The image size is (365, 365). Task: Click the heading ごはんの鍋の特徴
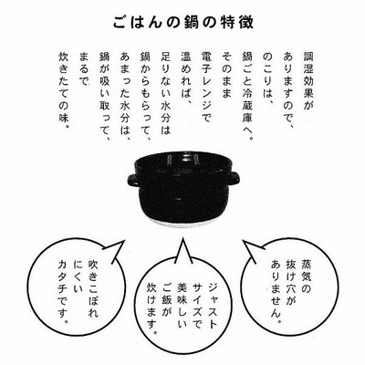182,23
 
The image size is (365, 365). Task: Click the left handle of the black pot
133,181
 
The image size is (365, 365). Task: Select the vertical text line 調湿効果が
309,81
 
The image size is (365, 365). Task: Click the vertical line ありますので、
288,92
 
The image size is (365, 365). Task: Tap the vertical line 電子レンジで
207,88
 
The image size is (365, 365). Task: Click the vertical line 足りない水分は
166,93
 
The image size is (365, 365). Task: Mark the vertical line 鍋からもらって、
146,97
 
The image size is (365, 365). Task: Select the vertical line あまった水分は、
125,97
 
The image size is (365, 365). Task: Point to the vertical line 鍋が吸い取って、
105,97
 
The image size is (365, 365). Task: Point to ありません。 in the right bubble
276,291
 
